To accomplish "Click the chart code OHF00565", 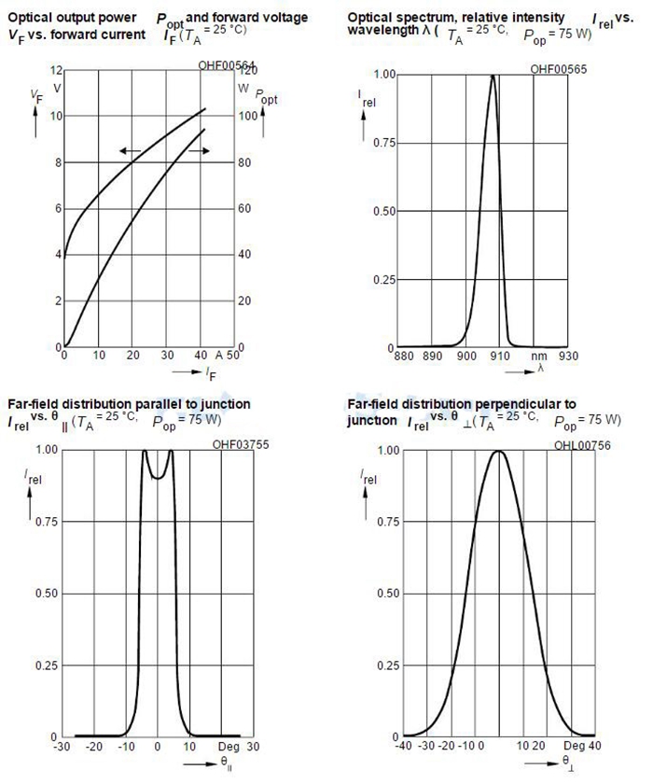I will pos(558,69).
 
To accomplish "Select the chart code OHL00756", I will pos(559,445).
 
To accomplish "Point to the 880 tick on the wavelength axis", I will pos(405,356).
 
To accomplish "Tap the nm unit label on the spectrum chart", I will pos(538,356).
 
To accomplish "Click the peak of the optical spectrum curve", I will pos(493,76).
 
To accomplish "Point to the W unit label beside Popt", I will pos(243,88).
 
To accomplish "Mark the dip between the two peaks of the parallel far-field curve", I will pos(158,477).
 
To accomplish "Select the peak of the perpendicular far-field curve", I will pos(498,452).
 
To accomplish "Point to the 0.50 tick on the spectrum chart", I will pos(385,211).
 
